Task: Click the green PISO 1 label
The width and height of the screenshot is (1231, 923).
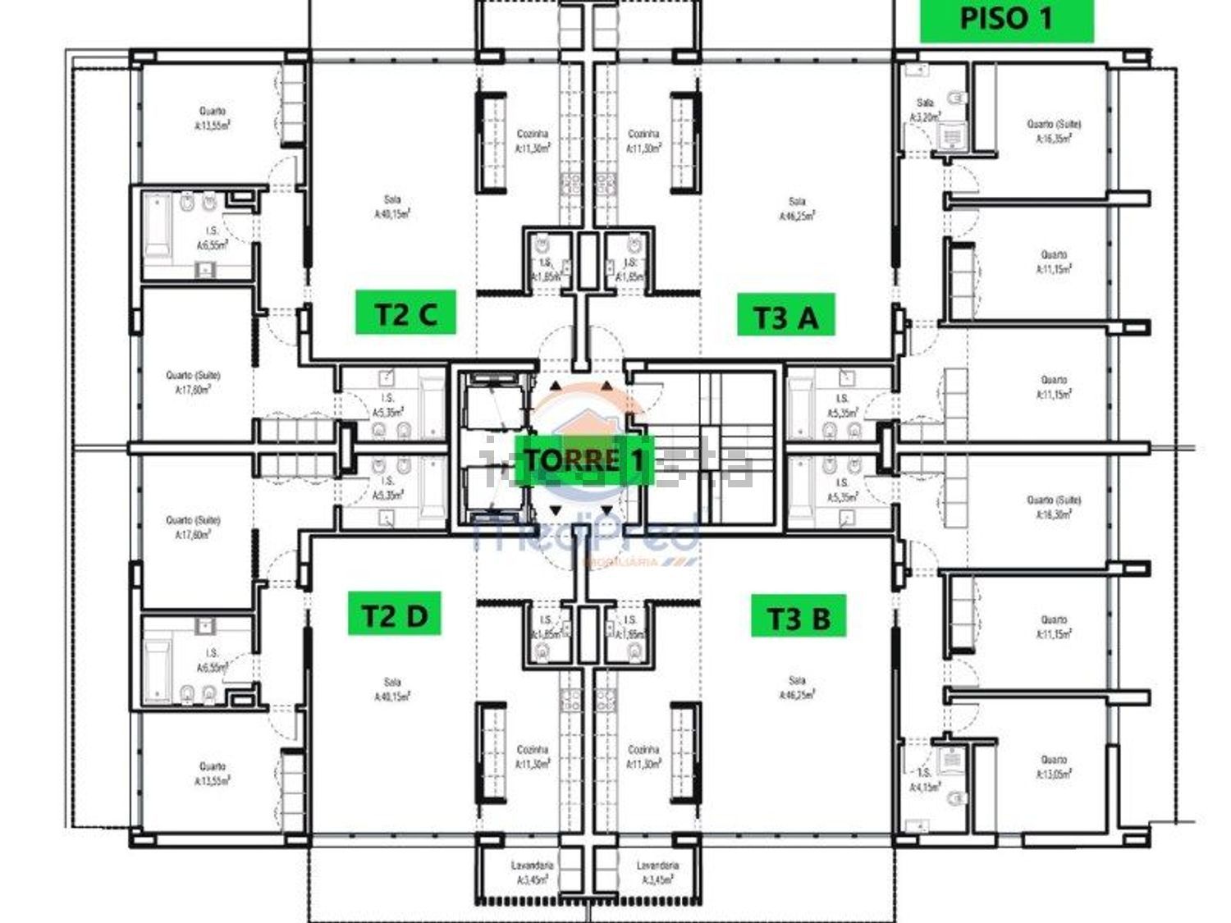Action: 1005,19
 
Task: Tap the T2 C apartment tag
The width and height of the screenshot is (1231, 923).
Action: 405,313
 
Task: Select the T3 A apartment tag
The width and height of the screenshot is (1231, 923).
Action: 785,316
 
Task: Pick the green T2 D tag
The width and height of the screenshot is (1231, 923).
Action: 395,615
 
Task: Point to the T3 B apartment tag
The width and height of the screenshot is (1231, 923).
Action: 798,617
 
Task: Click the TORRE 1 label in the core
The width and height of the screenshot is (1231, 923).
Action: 583,460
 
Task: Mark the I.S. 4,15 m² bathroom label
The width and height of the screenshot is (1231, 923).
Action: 924,779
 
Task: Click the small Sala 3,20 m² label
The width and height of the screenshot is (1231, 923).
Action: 925,110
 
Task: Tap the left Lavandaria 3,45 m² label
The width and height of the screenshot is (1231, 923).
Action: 532,872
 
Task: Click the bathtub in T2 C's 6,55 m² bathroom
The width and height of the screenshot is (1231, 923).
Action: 158,223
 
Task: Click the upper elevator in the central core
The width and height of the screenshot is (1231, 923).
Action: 490,402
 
